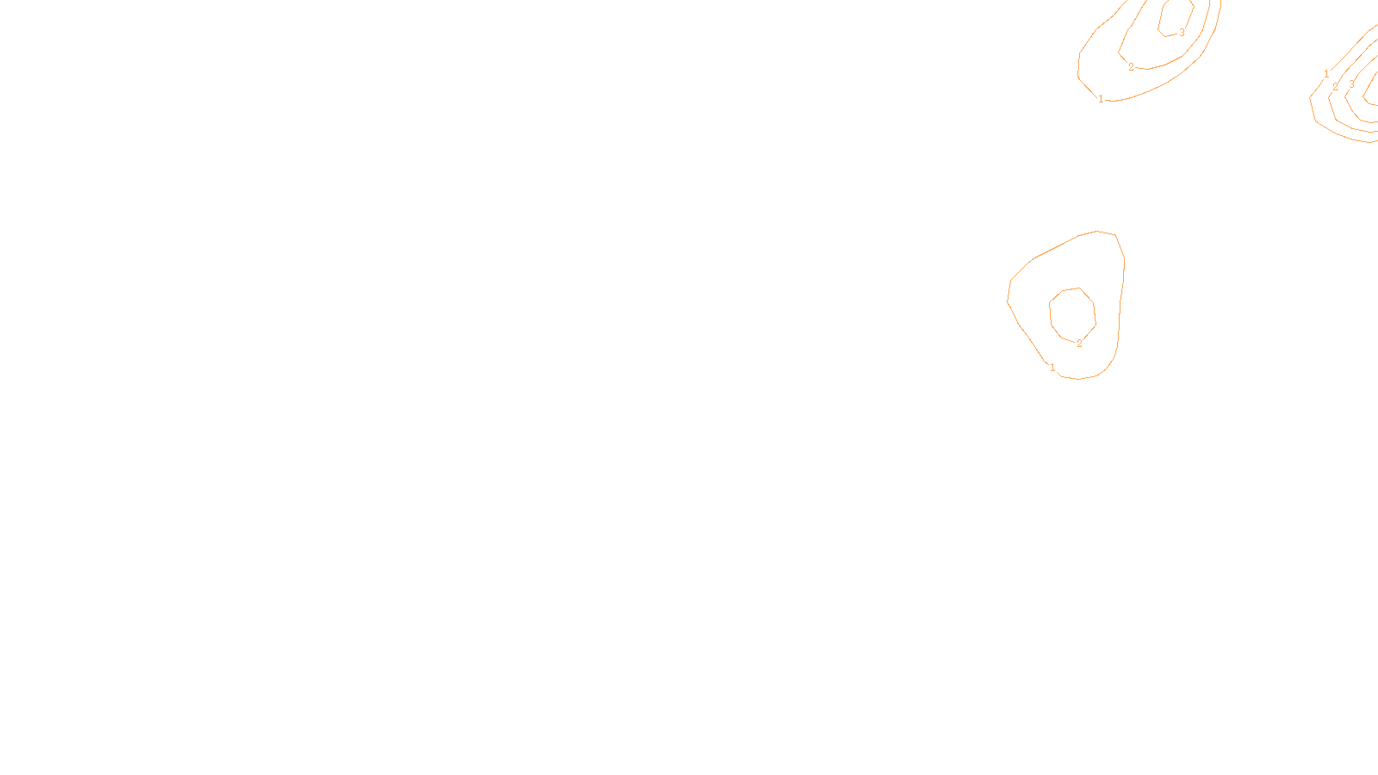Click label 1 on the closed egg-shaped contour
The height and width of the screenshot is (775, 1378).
coord(1052,368)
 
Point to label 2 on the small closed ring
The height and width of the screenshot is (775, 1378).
coord(1079,344)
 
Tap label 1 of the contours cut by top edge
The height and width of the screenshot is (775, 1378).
coord(1101,99)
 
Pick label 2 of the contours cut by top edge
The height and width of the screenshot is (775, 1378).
coord(1131,67)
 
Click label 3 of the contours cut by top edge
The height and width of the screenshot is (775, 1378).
coord(1182,33)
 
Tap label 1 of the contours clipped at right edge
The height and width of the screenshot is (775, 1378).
coord(1326,74)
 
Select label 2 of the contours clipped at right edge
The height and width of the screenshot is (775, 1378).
coord(1335,87)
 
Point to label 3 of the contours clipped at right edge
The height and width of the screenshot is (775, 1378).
coord(1351,84)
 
